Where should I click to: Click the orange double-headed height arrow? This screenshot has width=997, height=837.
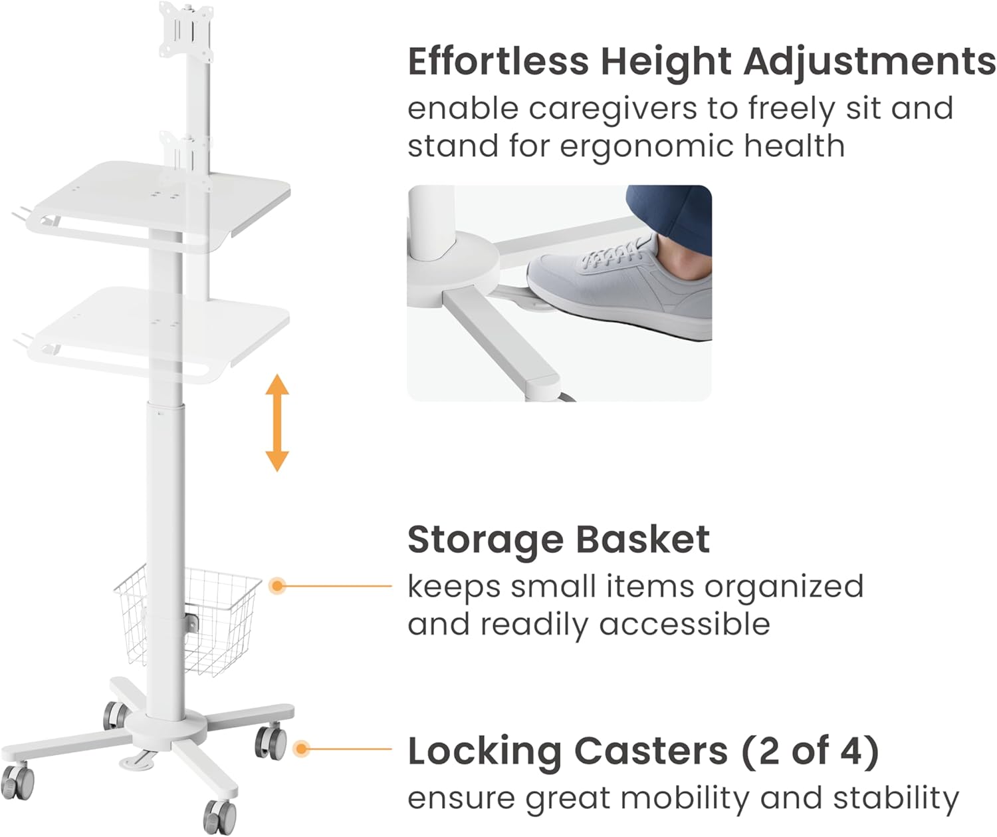coord(277,422)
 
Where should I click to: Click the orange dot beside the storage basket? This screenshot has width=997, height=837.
coord(277,585)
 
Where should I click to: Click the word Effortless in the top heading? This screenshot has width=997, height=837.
coord(498,61)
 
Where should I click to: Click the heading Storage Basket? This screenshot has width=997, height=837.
coord(559,540)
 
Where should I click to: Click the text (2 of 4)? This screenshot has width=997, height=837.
coord(810,751)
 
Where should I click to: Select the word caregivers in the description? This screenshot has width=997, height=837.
coord(613,110)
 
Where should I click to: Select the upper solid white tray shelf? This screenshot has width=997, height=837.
coord(158,206)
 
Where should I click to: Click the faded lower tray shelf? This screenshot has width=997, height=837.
coord(158,335)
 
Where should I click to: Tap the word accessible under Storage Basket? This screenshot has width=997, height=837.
coord(684,624)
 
